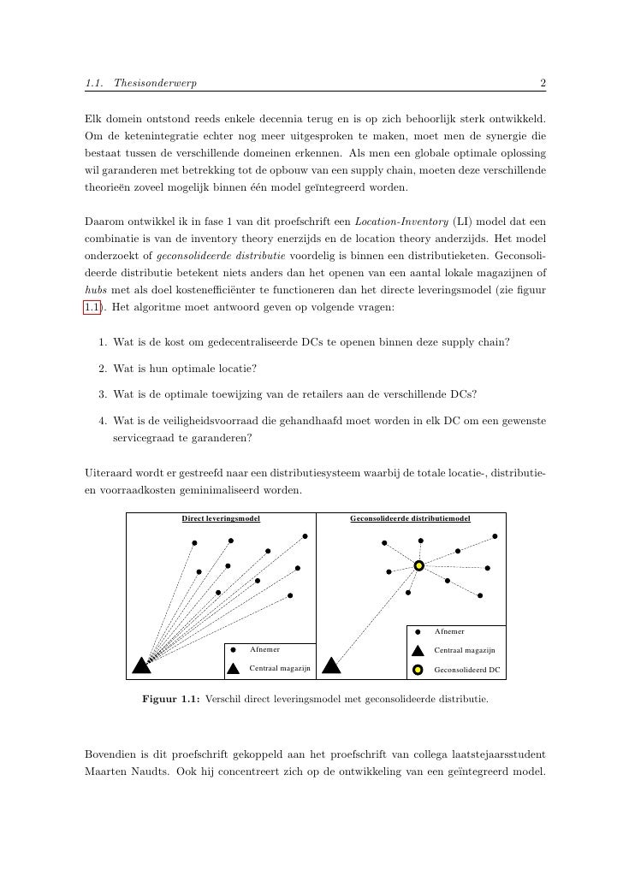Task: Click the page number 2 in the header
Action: click(x=543, y=83)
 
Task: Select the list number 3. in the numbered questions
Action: click(x=102, y=394)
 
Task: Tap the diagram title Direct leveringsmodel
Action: click(x=221, y=518)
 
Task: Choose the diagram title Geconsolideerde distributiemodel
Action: click(x=411, y=518)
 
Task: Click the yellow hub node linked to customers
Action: click(x=419, y=565)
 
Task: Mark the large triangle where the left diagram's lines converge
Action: click(x=141, y=665)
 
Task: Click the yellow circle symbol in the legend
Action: click(x=418, y=669)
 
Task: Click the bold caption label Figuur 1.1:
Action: click(x=170, y=699)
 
